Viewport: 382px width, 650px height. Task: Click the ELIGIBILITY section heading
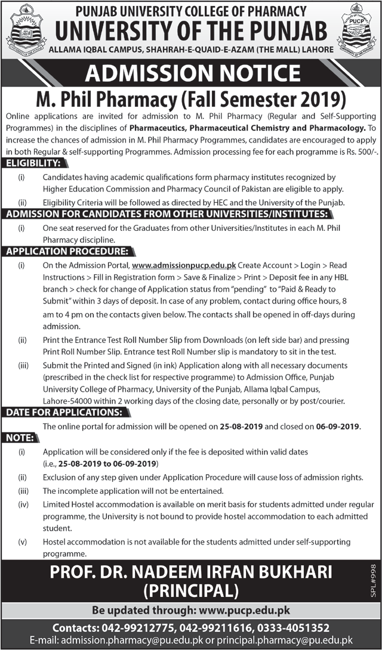coord(34,163)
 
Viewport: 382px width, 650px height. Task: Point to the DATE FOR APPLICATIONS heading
coord(64,412)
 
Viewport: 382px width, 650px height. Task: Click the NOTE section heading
coord(19,438)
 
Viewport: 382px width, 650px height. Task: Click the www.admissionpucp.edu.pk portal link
coord(184,265)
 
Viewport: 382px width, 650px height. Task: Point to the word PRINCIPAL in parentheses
coord(190,591)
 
